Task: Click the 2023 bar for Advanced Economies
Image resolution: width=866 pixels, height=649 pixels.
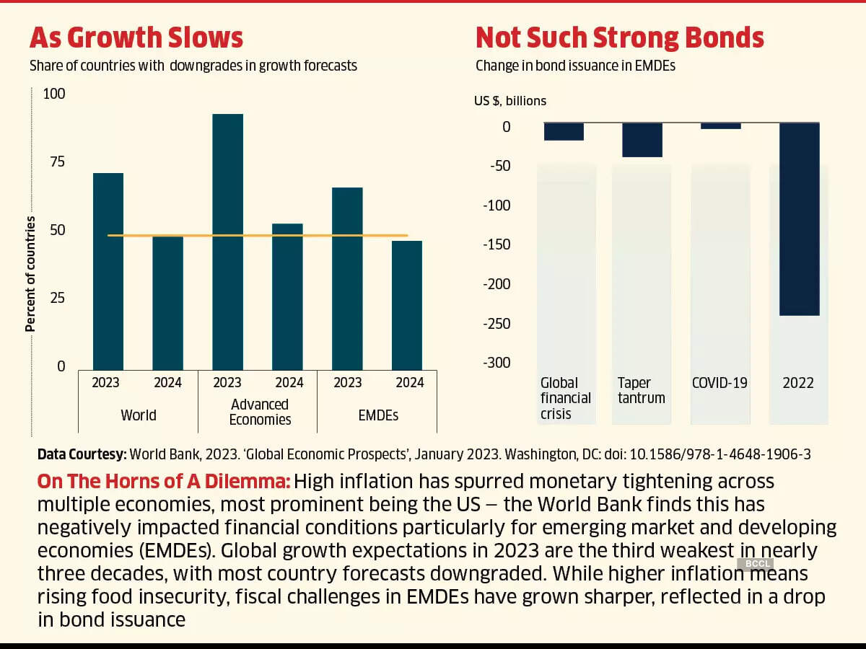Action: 227,242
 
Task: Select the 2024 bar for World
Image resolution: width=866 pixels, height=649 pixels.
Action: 167,303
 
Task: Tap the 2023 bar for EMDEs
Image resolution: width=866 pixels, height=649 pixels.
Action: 347,278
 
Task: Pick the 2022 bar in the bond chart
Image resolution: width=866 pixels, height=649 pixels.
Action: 799,219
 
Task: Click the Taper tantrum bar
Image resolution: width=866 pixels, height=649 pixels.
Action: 642,140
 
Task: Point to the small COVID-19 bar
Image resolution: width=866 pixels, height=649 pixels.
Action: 721,126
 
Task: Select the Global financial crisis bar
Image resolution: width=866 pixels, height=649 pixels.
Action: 564,131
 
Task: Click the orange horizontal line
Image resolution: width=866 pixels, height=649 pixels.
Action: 257,235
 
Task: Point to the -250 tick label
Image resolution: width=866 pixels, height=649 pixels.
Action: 496,323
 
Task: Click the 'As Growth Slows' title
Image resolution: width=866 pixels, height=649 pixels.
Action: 136,37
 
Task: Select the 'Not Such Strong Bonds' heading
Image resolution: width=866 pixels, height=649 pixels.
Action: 620,37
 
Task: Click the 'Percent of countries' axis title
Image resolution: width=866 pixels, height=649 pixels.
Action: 30,274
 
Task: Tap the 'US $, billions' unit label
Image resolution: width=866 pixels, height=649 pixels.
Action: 510,101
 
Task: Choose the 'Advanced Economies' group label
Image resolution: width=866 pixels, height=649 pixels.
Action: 260,412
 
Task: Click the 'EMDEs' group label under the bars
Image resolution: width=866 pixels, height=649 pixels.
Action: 377,415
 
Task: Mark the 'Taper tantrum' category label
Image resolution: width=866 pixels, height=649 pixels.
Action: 641,390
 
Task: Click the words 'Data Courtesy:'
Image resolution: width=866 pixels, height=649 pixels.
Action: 82,454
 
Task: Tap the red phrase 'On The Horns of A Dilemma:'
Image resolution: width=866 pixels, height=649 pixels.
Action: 164,481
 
